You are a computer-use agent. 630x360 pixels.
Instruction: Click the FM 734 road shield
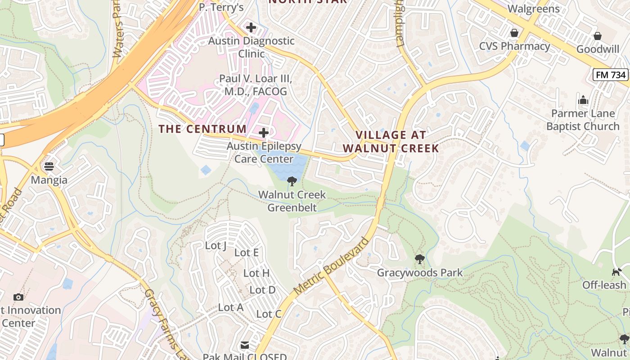611,75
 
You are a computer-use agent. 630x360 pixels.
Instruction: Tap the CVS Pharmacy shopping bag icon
514,33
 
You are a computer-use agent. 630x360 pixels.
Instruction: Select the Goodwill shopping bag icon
598,36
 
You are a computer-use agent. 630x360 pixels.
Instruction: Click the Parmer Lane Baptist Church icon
583,100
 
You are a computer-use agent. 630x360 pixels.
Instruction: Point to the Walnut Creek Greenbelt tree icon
292,181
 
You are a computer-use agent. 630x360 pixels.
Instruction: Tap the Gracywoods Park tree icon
419,259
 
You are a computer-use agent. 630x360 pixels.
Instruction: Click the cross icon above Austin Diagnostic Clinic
251,27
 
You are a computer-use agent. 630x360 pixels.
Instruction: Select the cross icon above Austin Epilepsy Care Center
264,133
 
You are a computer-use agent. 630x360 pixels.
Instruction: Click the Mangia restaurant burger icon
49,166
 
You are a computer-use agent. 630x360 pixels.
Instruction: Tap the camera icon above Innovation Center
18,297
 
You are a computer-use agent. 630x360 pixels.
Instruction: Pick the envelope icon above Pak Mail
244,345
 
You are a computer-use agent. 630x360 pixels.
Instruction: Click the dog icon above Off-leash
616,272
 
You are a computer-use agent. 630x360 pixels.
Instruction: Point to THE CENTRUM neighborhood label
202,129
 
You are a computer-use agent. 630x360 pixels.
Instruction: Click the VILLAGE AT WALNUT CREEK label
390,141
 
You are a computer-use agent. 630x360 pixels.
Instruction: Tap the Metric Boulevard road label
331,265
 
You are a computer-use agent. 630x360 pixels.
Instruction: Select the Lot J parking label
216,246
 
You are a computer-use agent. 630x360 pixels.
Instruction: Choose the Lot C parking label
269,314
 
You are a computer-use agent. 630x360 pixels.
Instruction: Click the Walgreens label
533,9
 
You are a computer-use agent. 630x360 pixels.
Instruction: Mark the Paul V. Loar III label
256,85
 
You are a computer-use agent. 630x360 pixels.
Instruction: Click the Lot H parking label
256,273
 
